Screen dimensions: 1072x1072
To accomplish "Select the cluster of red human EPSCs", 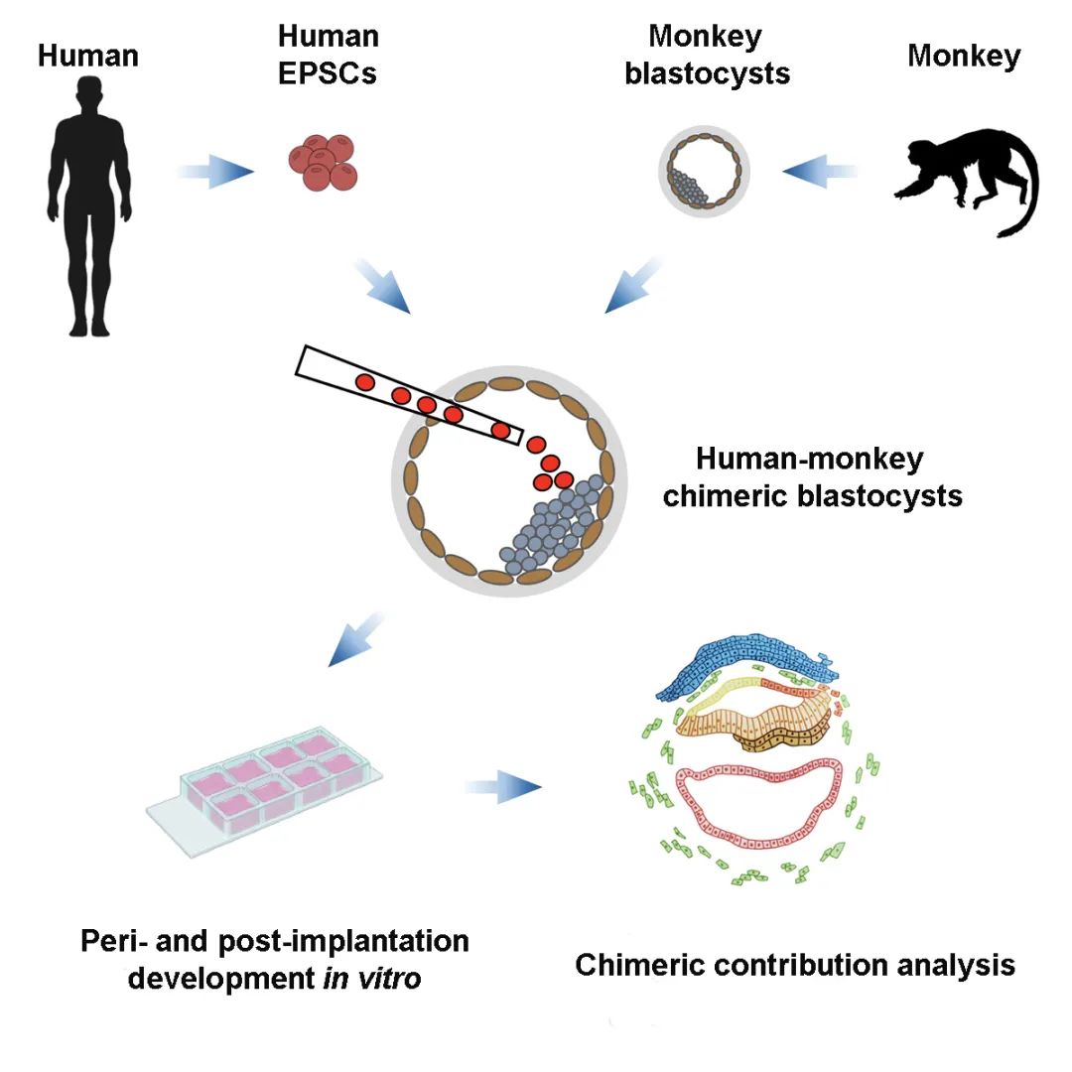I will click(x=324, y=162).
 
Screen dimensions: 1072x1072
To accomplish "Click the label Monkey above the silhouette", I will click(x=963, y=57).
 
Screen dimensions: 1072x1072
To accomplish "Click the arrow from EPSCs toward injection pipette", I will click(x=384, y=289).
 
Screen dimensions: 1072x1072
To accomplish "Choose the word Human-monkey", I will click(x=809, y=460).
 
